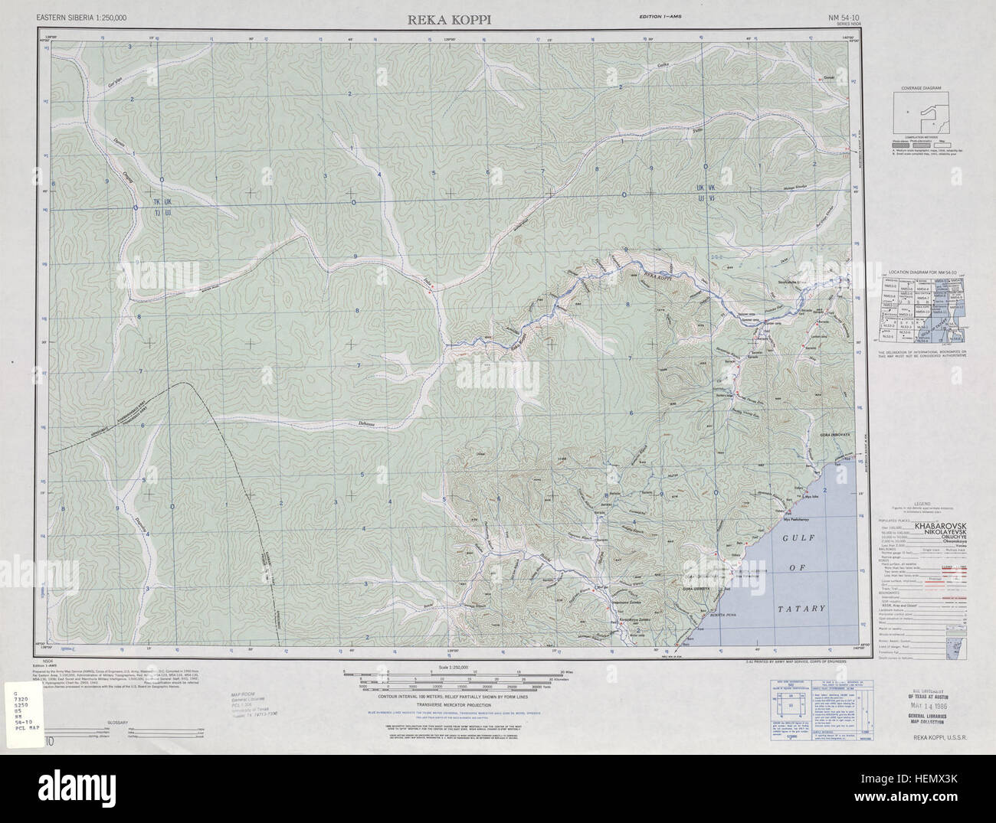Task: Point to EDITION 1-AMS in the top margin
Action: pos(663,17)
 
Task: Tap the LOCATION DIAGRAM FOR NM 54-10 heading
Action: pos(926,273)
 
